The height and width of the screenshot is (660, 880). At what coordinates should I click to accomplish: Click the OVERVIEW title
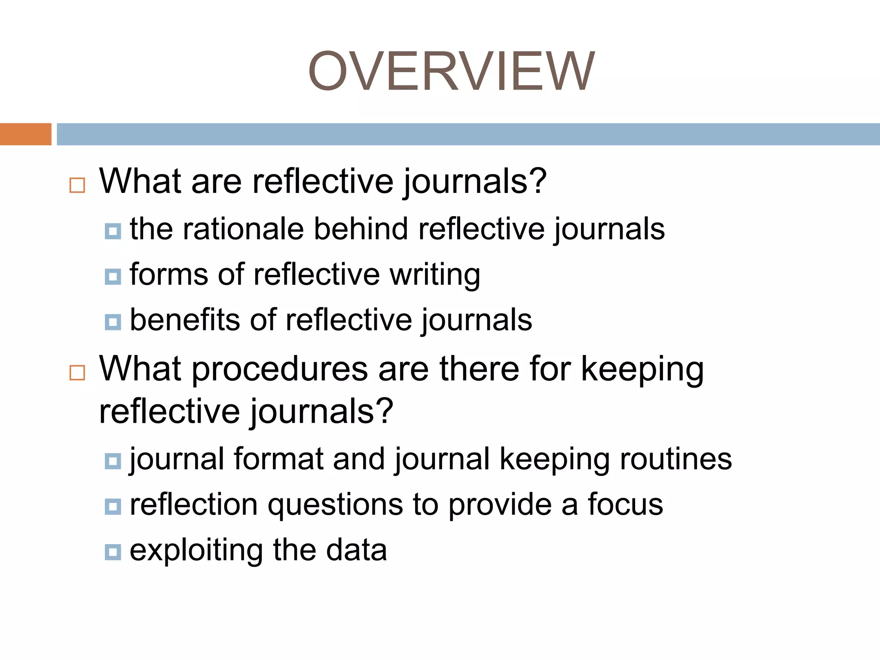(451, 71)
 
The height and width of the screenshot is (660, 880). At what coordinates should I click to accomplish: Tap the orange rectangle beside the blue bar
(25, 134)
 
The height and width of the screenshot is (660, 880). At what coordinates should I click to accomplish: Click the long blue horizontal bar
(468, 134)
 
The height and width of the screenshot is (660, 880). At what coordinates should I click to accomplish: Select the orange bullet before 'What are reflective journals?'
(77, 185)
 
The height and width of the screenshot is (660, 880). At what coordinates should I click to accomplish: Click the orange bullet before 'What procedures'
(77, 373)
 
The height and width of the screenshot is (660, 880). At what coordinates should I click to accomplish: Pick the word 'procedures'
(280, 370)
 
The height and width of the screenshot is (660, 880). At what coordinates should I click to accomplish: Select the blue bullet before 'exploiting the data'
(113, 552)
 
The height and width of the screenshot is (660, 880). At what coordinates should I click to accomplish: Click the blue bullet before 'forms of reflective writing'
(113, 276)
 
